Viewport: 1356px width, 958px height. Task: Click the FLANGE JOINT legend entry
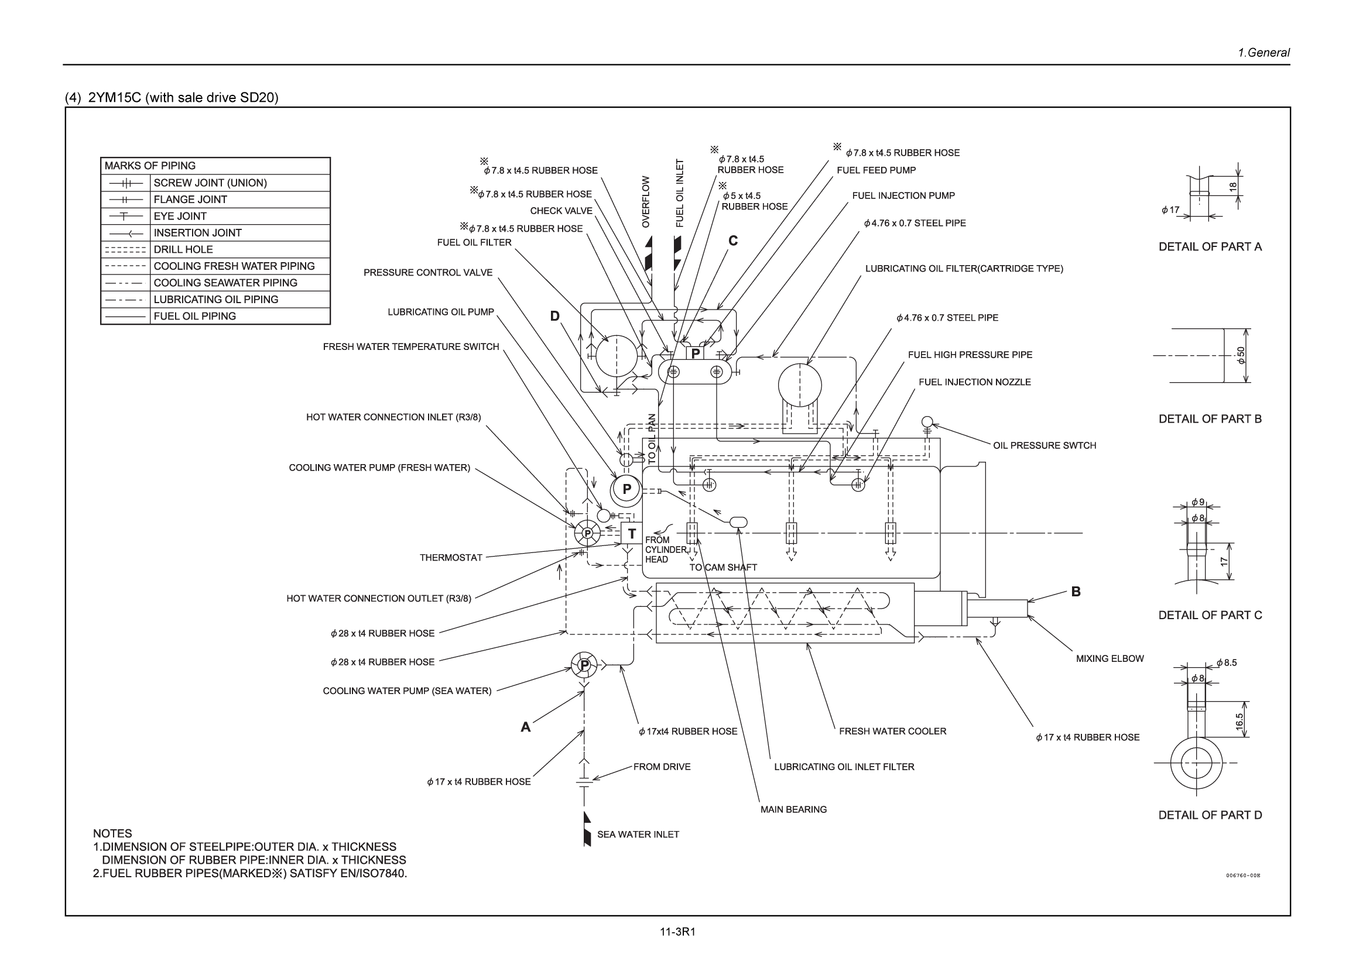190,200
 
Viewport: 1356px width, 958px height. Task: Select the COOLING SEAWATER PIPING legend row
225,283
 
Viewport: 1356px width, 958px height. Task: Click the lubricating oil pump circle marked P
626,489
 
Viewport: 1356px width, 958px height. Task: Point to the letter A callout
525,727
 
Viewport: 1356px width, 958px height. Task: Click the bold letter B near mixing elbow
1076,592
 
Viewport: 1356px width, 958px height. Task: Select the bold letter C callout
733,241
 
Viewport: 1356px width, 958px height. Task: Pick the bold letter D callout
554,317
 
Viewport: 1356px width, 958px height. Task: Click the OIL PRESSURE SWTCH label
1044,446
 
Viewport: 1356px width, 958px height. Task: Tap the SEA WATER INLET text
638,835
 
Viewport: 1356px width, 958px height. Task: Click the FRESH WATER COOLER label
892,732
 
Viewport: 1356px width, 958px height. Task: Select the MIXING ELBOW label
1110,659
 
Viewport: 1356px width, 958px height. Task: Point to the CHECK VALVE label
561,211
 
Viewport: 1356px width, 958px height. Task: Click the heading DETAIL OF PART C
1210,615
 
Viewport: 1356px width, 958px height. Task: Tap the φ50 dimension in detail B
1241,355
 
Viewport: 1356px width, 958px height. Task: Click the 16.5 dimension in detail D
1239,722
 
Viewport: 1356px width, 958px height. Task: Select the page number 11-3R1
677,933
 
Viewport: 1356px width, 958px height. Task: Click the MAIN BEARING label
793,810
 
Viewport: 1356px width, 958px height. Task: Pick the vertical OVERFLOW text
646,201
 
